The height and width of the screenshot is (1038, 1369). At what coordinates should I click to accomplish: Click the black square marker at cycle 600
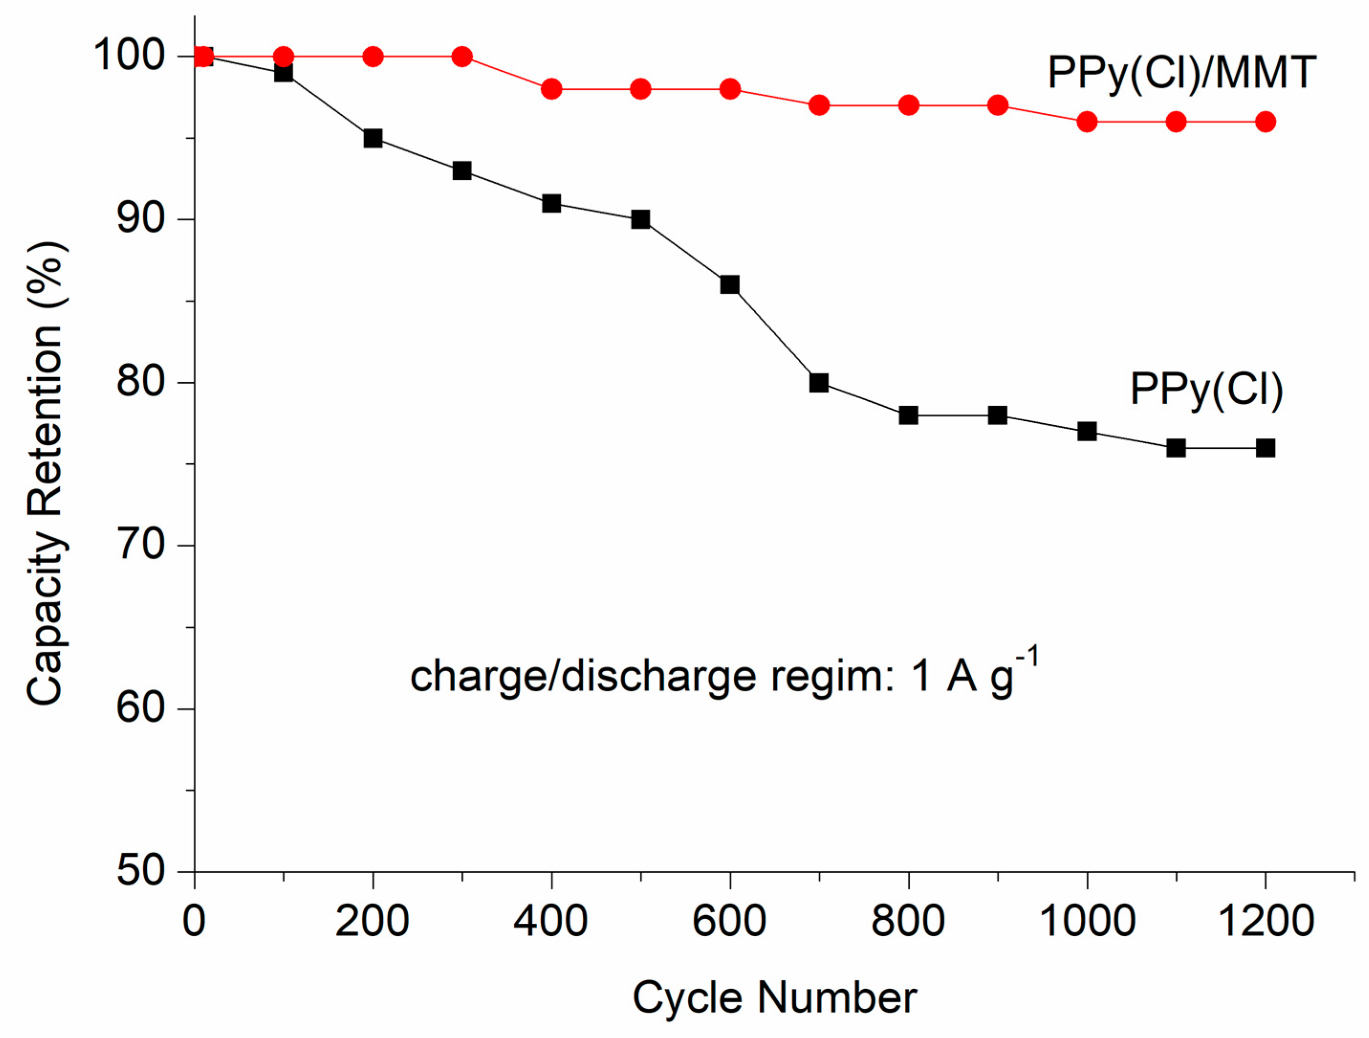730,285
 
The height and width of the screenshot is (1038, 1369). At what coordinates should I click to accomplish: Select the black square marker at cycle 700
819,382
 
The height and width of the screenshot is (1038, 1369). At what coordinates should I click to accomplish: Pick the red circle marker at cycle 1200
1265,122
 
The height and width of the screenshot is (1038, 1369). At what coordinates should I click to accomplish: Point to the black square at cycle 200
372,138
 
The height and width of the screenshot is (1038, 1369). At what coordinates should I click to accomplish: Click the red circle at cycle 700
819,105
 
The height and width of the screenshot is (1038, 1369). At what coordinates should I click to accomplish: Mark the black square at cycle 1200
1265,448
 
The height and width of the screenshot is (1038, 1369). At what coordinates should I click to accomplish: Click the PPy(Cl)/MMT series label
1181,73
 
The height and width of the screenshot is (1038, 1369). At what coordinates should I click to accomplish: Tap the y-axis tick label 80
140,382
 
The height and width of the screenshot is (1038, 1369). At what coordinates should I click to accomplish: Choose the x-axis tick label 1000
1087,921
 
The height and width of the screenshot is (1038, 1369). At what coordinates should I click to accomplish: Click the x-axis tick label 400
551,921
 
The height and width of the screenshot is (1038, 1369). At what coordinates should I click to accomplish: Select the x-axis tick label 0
195,921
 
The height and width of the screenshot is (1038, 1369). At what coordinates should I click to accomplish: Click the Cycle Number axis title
774,998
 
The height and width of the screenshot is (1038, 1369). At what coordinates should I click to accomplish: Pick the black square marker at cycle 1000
1087,431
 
